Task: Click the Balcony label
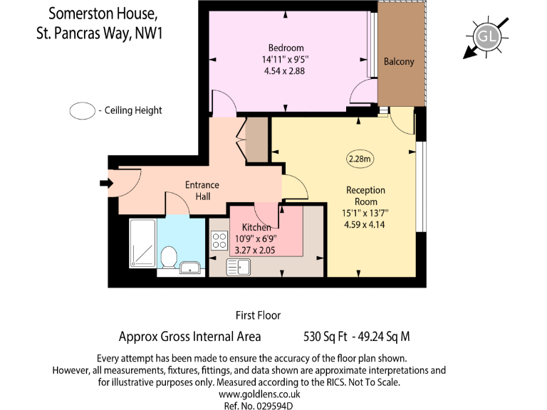399,62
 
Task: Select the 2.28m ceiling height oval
360,159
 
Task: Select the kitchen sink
238,267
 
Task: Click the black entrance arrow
106,184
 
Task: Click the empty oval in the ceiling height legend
83,110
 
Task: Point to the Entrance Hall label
202,190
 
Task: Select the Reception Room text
365,196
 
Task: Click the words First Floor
258,315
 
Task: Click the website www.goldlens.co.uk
264,394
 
